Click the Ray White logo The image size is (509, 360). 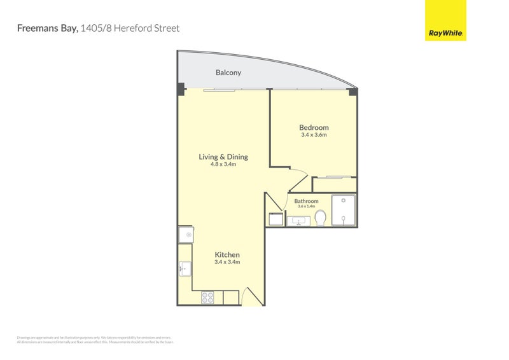coord(445,20)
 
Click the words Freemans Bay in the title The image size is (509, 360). coord(46,28)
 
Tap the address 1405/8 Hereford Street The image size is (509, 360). coord(130,28)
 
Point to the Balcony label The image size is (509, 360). coord(228,73)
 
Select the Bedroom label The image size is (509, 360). coord(314,128)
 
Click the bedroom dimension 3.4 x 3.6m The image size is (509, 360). coord(314,135)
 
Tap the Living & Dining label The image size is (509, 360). coord(223,157)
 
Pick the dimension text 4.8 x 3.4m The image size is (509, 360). coord(223,164)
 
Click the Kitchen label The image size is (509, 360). coord(227,255)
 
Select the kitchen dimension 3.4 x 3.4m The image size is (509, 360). coord(227,262)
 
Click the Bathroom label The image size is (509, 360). coord(307,201)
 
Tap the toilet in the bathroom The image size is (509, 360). coord(320,218)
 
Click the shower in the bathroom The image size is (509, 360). coord(343,211)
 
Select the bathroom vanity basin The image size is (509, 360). coord(298,221)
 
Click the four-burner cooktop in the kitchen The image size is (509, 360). coord(208,297)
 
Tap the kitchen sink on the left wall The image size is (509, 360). coord(185,269)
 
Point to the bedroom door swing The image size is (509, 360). coord(297,180)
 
